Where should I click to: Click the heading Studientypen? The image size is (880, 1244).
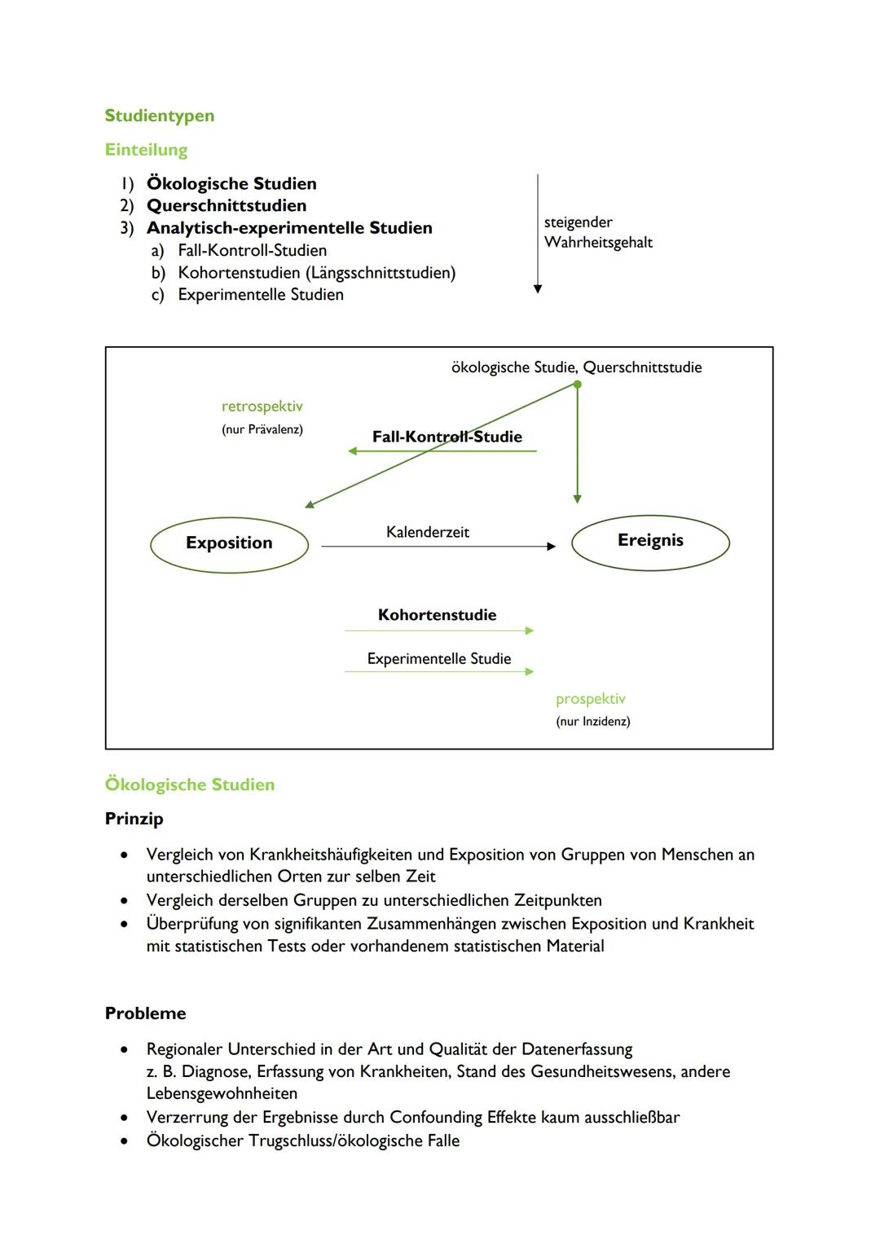[x=160, y=116]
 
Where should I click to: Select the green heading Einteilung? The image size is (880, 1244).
[x=146, y=150]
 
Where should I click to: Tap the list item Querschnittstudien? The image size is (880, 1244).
[x=227, y=205]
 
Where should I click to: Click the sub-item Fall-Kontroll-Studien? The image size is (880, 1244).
[x=252, y=250]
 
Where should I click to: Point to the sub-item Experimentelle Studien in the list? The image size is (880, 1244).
[x=261, y=294]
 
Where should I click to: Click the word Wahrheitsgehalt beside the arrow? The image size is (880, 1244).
[x=598, y=242]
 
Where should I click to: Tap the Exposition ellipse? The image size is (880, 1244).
[x=229, y=543]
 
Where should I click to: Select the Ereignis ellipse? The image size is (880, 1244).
[x=650, y=541]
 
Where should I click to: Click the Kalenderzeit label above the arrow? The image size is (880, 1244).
[x=428, y=532]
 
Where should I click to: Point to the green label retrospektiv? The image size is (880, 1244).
[x=262, y=406]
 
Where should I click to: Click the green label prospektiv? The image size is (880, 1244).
[x=591, y=699]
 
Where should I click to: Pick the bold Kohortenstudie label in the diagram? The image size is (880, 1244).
[x=437, y=615]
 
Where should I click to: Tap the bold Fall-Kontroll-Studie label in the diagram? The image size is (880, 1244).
[x=447, y=437]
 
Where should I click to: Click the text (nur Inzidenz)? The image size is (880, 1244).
[x=593, y=721]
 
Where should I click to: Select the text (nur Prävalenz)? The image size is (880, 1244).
[x=262, y=429]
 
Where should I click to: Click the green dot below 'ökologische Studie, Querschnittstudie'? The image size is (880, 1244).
[x=577, y=385]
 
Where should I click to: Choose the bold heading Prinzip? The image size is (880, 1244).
[x=134, y=819]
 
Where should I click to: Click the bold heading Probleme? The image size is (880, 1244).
[x=145, y=1013]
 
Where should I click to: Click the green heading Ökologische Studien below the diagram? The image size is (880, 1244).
[x=190, y=785]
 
